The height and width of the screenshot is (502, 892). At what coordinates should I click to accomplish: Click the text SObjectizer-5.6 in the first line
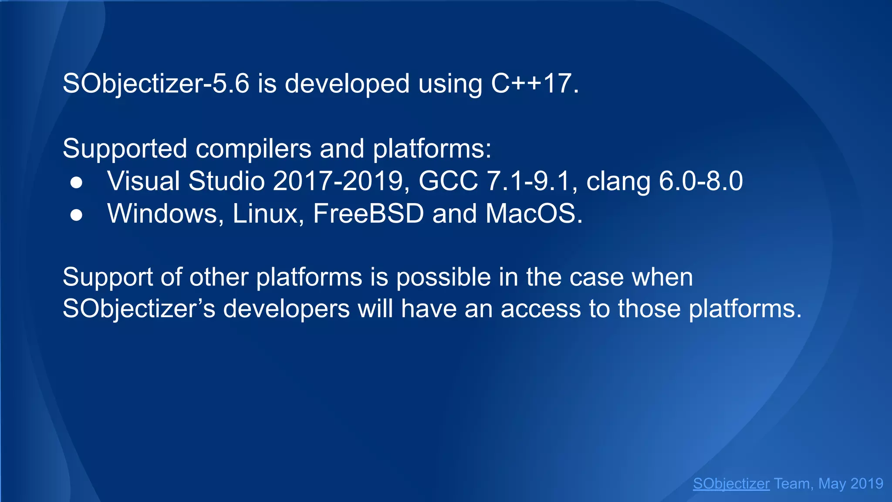(156, 83)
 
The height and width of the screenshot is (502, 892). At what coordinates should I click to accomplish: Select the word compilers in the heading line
(253, 149)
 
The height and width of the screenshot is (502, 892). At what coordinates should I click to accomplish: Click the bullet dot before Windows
(76, 215)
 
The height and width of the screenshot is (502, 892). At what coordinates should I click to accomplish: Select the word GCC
(448, 181)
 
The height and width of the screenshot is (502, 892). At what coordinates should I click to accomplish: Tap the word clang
(618, 182)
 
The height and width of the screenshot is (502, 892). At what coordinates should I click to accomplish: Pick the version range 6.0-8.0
(701, 181)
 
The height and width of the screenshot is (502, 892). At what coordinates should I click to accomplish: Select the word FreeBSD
(368, 214)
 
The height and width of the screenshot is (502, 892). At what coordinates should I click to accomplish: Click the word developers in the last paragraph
(287, 309)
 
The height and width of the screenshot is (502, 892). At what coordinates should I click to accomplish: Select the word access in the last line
(541, 309)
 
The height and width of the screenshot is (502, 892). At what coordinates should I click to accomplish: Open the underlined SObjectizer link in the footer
(731, 484)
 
